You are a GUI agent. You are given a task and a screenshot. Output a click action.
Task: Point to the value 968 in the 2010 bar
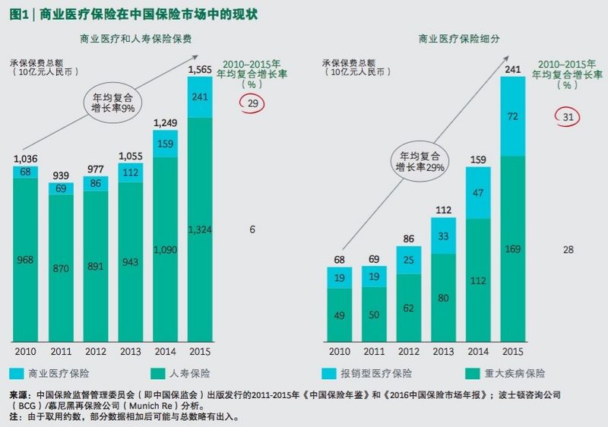(x=26, y=261)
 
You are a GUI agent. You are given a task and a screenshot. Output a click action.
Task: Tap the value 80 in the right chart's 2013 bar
(x=443, y=299)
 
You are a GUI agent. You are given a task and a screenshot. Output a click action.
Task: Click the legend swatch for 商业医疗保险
(x=17, y=374)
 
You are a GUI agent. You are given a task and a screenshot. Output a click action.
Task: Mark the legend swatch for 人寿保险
(x=158, y=374)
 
